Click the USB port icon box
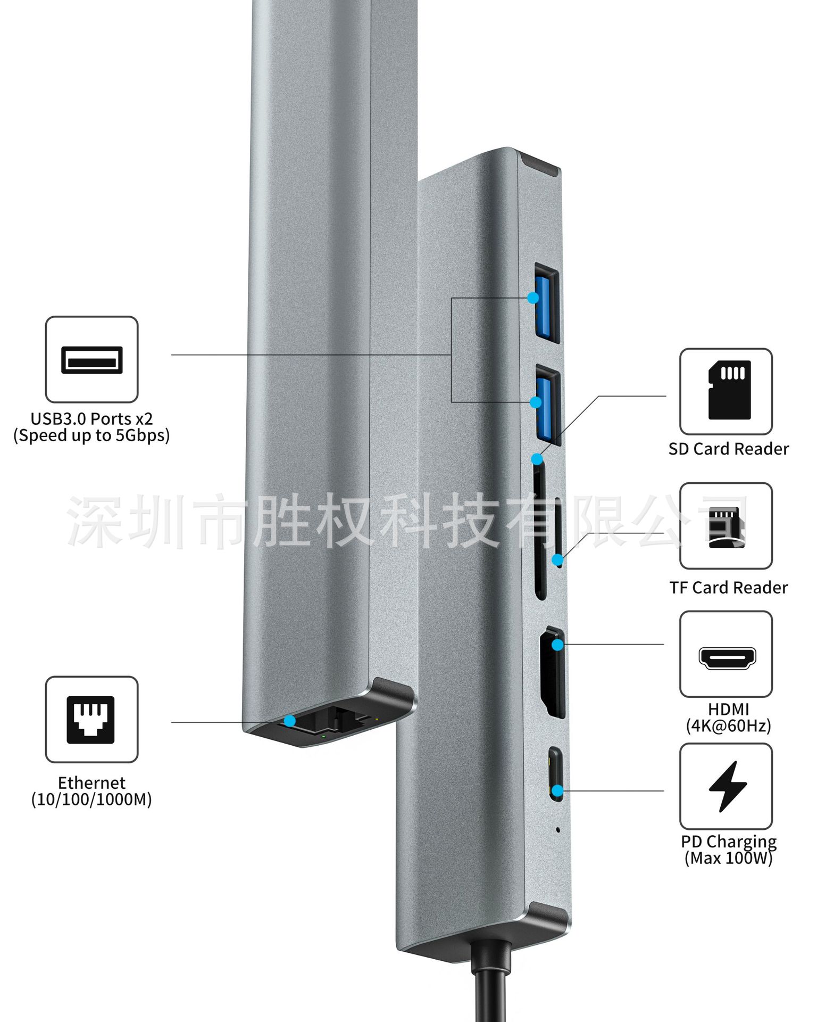coord(91,359)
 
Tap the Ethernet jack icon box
coord(91,719)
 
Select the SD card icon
coord(729,390)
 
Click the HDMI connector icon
coord(727,658)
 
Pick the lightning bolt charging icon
coord(727,786)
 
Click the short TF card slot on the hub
coord(558,532)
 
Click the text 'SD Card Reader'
coord(728,449)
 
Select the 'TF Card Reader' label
coord(728,588)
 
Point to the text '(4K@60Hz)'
coord(728,726)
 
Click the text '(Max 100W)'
coord(728,858)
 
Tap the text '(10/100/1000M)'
coord(91,800)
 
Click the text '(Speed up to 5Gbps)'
coord(91,435)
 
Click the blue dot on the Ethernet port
coord(289,721)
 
